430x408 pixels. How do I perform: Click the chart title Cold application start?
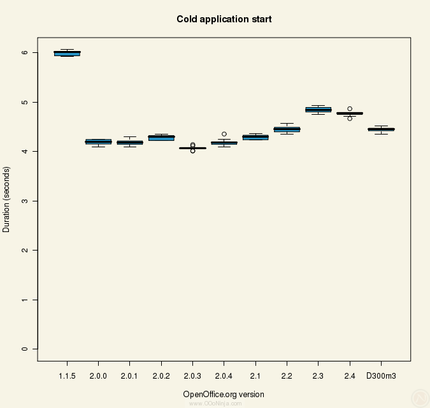(224, 19)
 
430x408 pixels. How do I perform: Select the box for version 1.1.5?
(67, 54)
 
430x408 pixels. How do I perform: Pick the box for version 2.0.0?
(98, 142)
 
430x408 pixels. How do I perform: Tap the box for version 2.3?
(318, 110)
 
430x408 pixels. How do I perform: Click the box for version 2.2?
(287, 129)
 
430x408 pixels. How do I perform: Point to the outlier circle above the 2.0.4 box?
(224, 134)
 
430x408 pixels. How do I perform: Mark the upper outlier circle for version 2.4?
(350, 108)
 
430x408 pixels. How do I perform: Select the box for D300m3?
(381, 129)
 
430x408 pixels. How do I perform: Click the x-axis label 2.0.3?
(192, 377)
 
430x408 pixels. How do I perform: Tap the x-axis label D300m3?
(381, 377)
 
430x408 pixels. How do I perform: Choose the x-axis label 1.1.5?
(67, 377)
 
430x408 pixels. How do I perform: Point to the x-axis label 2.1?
(255, 377)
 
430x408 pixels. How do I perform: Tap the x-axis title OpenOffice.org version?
(224, 394)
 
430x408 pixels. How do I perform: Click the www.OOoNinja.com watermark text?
(215, 404)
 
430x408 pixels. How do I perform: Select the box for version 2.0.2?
(161, 138)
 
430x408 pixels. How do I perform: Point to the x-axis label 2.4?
(350, 377)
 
